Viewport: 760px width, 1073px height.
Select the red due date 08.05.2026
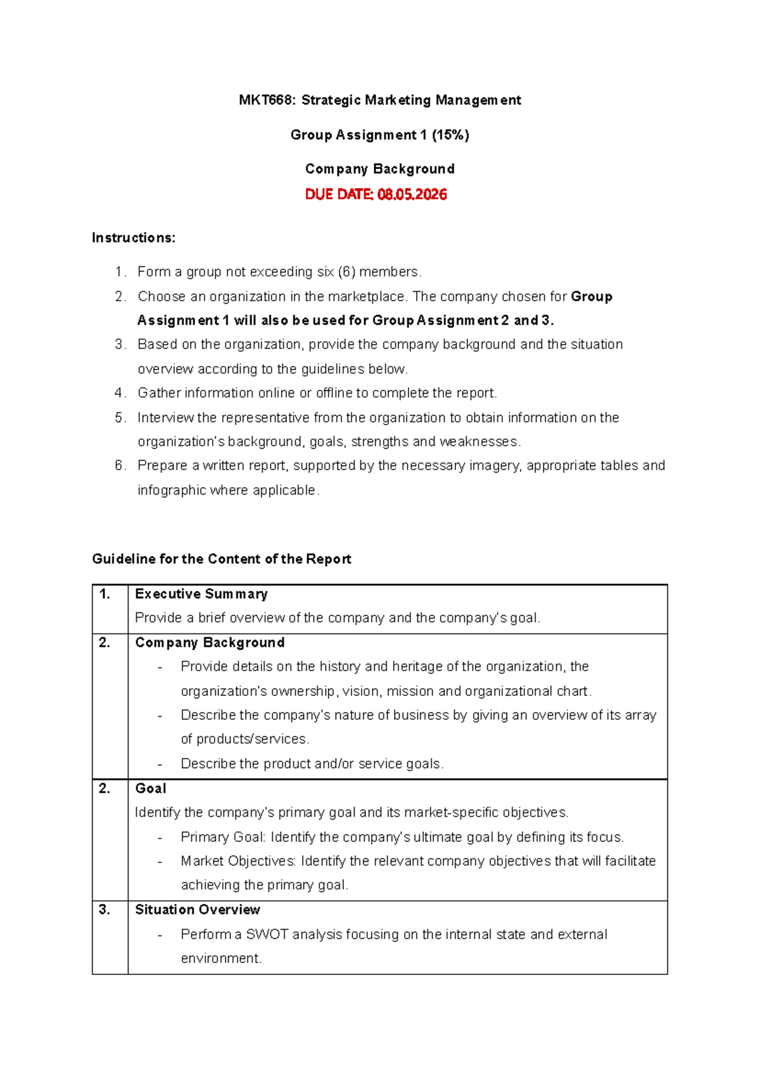(412, 194)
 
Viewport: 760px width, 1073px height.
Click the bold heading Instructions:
(134, 238)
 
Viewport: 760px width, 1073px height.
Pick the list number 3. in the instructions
(120, 345)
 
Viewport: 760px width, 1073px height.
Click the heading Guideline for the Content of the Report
(222, 559)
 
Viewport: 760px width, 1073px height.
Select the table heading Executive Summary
(201, 594)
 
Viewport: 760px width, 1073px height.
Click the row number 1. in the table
(104, 594)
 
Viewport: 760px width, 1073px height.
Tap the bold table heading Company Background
(210, 643)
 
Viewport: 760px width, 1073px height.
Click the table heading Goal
(151, 789)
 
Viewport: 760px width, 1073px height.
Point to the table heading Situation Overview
(198, 910)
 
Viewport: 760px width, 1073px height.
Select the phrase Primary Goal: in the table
(223, 838)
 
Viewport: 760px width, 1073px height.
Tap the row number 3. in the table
(104, 910)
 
